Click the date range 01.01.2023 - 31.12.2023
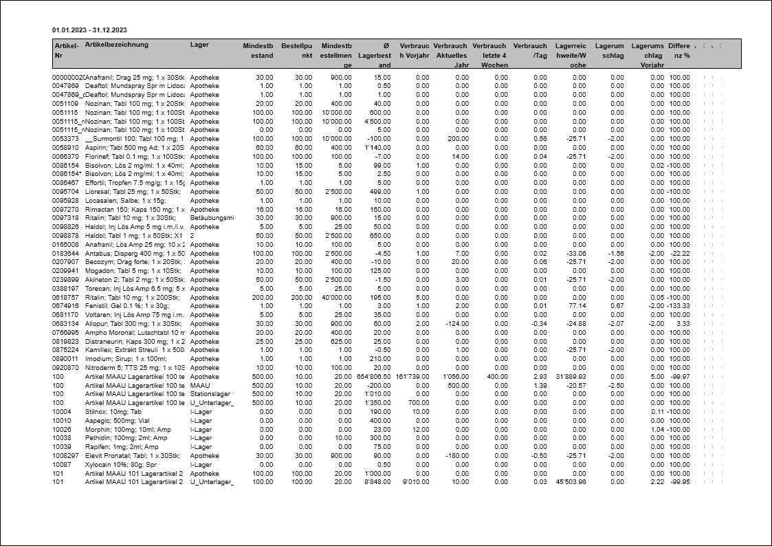coord(89,30)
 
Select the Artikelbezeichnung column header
coord(116,45)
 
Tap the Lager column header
coord(199,45)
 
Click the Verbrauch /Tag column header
coord(530,50)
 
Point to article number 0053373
coord(65,139)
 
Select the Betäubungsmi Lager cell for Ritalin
coord(212,218)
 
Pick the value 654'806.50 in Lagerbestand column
coord(374,376)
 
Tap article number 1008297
coord(65,455)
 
